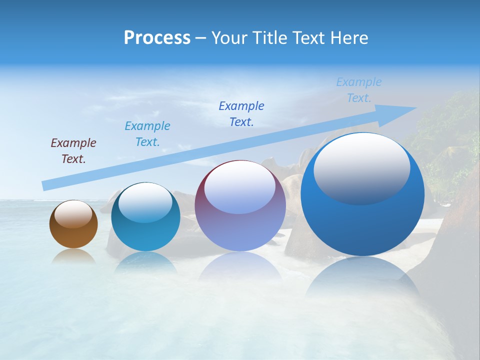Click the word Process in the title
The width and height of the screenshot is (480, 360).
tap(157, 38)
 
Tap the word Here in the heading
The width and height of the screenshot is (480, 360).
tap(349, 38)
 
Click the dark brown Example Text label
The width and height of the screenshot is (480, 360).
tap(73, 151)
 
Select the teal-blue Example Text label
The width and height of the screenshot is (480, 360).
tap(147, 134)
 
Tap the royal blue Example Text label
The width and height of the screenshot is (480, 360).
tap(241, 114)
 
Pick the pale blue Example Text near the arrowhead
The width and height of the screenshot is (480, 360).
tap(359, 90)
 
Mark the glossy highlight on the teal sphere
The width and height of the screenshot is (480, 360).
tap(145, 202)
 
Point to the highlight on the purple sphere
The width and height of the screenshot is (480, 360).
tap(240, 187)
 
